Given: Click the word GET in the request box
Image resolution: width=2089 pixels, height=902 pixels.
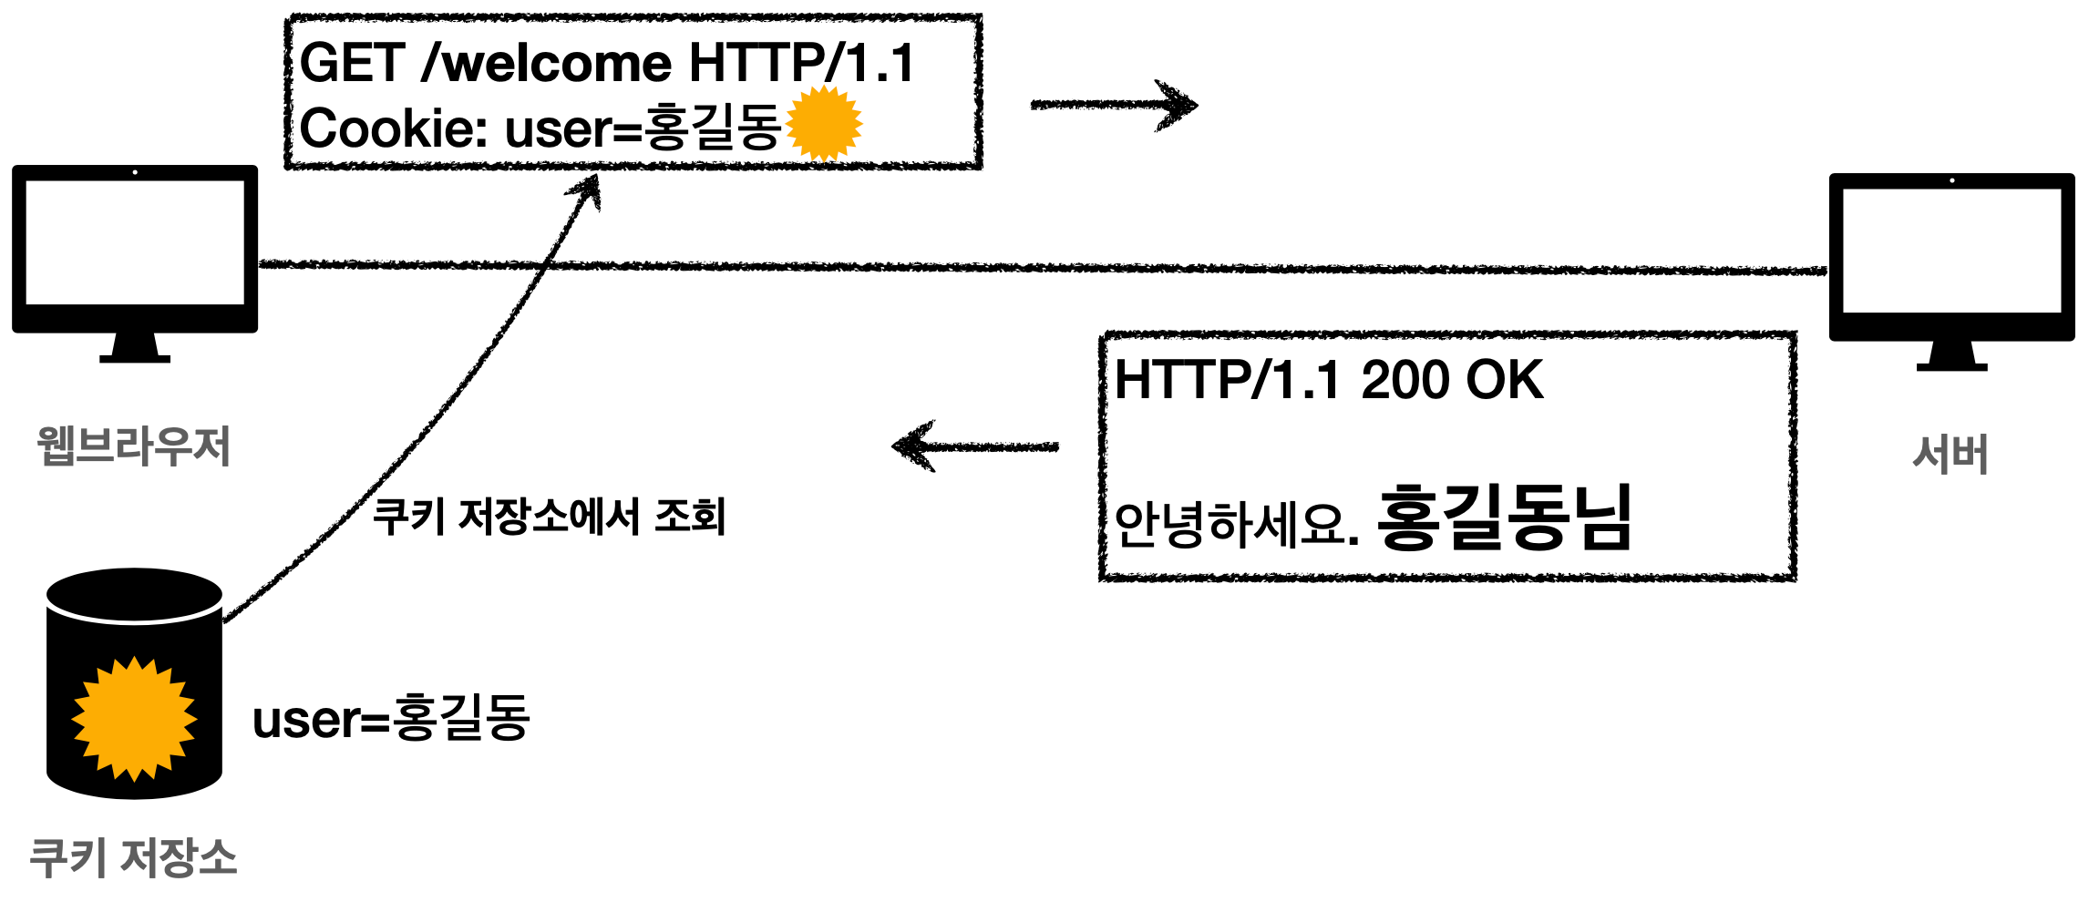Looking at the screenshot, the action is tap(352, 64).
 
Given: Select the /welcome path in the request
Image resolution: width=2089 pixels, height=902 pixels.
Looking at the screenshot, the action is tap(547, 64).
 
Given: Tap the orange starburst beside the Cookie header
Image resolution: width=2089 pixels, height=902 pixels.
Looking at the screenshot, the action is tap(823, 124).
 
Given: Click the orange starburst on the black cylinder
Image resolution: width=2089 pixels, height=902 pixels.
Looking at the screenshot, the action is tap(134, 719).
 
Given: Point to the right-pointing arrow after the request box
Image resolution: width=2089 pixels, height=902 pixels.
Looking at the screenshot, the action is tap(1114, 105).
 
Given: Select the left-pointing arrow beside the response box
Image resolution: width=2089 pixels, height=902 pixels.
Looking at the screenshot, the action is tap(974, 446).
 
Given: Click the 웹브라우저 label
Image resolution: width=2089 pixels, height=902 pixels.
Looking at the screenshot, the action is tap(134, 446).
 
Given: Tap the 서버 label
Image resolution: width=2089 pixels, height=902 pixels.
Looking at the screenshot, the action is tap(1950, 454).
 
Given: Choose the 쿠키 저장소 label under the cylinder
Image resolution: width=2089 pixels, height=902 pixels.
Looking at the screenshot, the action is tap(134, 857).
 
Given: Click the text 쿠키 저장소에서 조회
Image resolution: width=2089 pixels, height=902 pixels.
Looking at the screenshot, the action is tap(549, 517).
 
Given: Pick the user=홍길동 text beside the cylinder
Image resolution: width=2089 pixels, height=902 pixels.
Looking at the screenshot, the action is tap(391, 718).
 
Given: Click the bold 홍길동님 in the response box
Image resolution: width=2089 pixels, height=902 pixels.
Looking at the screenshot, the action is tap(1504, 518).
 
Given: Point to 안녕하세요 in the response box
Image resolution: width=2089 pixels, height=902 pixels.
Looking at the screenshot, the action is tap(1230, 524).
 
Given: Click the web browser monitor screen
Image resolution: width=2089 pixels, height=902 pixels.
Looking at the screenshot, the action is tap(135, 242).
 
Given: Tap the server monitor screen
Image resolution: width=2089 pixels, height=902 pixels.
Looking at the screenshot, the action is tap(1951, 251).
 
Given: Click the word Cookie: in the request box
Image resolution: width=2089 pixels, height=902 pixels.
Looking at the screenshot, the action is tap(394, 128).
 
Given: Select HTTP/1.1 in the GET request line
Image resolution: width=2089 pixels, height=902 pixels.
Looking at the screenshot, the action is tap(801, 64).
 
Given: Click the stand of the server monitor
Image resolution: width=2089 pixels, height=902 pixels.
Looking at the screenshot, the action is tap(1951, 356).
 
